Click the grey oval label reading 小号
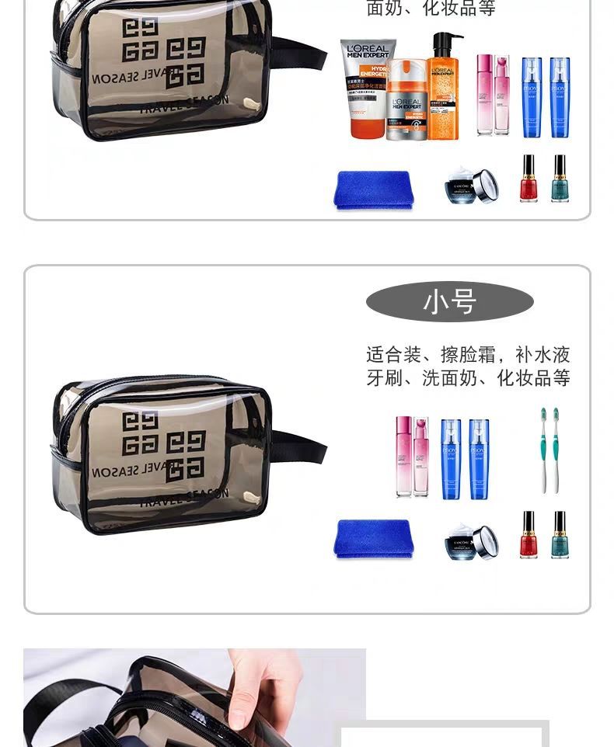[x=449, y=301]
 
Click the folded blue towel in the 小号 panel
[x=373, y=538]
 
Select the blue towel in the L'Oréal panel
[x=373, y=189]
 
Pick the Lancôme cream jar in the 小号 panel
[x=472, y=542]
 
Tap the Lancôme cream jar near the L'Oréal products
[x=472, y=186]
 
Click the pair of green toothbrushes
[x=549, y=450]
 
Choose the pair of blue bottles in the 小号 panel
[x=465, y=458]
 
